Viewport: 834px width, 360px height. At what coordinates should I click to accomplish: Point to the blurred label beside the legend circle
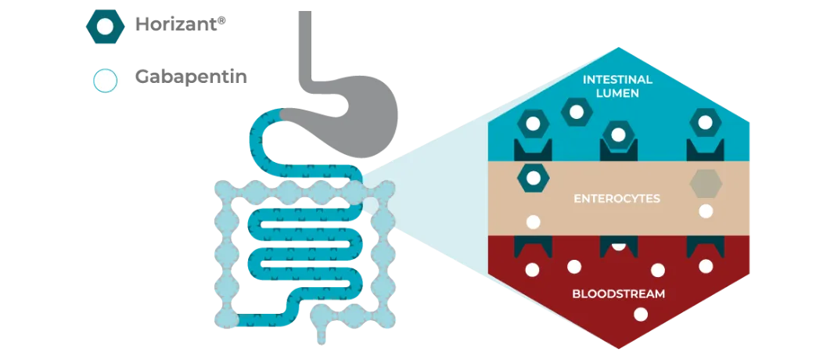191,78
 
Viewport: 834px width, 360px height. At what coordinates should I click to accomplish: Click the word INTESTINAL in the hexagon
618,80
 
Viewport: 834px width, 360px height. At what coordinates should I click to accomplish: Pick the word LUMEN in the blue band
618,94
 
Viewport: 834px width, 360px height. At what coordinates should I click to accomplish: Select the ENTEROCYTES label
617,199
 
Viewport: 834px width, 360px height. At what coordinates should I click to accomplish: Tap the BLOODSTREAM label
618,295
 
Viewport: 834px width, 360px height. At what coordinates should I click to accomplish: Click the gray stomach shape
368,117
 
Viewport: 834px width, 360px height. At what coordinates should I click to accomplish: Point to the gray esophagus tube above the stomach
306,47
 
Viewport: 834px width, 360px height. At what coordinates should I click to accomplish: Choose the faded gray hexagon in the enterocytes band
705,183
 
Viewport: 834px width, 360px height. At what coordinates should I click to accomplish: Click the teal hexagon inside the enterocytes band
533,178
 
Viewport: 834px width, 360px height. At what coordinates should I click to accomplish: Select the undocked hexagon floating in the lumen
577,112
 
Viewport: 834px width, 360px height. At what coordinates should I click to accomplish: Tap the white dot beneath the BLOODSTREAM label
641,315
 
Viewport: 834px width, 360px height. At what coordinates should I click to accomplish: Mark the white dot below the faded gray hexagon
706,211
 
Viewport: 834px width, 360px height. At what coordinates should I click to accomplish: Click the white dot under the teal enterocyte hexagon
533,221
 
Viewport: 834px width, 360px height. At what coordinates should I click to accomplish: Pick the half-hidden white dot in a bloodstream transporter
618,245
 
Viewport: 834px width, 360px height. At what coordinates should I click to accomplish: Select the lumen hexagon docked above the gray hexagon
705,123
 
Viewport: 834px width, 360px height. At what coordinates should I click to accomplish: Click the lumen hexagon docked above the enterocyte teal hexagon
533,124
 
